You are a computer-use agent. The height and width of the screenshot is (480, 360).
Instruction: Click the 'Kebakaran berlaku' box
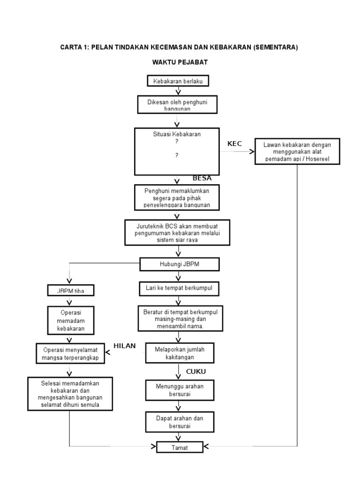click(x=178, y=81)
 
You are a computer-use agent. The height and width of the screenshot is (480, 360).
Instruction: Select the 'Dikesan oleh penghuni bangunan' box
click(x=177, y=104)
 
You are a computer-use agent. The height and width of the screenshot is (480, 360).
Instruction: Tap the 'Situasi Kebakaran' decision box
click(x=177, y=151)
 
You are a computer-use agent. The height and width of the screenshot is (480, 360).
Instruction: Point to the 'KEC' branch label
click(x=234, y=144)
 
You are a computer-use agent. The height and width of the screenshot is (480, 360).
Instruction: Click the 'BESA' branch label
click(x=202, y=178)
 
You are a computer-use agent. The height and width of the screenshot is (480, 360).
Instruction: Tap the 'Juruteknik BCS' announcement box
click(x=177, y=232)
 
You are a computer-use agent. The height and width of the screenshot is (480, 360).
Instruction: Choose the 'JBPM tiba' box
click(x=71, y=291)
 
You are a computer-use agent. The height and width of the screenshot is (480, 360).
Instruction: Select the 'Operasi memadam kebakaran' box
click(x=71, y=320)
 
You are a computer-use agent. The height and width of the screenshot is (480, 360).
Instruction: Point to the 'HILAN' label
click(x=124, y=346)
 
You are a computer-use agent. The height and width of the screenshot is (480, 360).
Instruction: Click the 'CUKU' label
click(x=196, y=372)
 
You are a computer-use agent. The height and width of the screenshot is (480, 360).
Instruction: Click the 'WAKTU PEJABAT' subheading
click(x=180, y=62)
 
